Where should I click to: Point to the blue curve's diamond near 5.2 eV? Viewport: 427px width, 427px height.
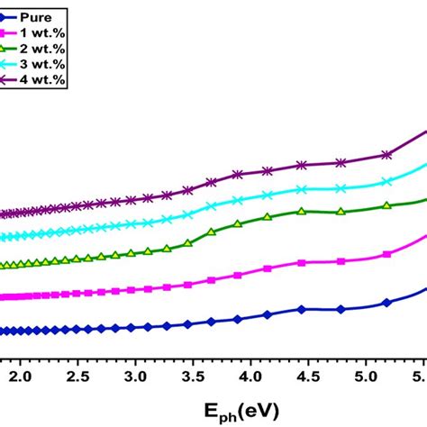point(387,303)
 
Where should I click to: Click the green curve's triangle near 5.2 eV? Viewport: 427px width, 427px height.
point(387,206)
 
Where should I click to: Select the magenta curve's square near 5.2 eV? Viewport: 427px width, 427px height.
point(387,254)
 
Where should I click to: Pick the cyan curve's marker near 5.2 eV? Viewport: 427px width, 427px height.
point(387,181)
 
